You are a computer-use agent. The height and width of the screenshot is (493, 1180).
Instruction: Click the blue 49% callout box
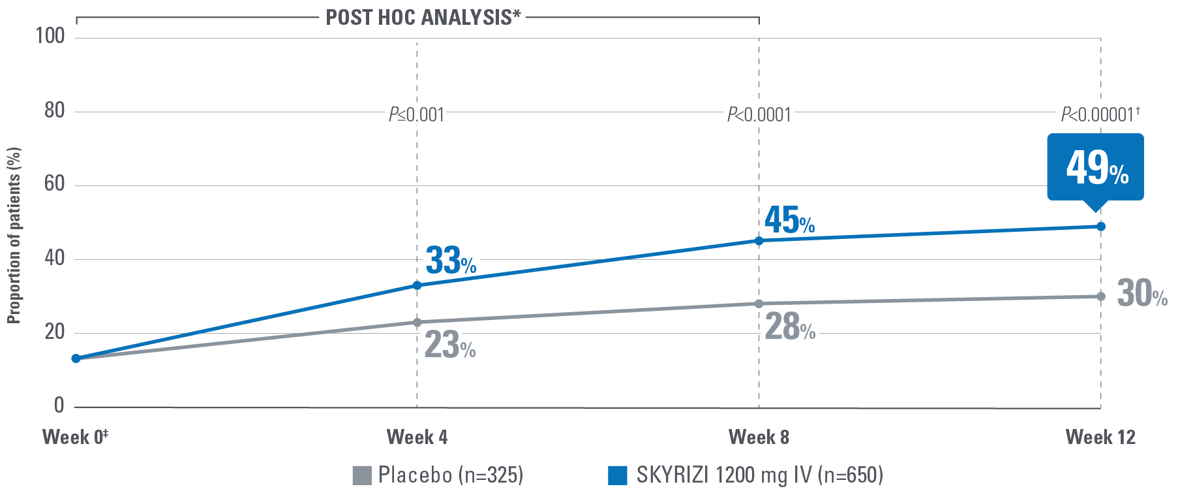1095,167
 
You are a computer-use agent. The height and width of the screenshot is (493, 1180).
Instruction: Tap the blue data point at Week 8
759,241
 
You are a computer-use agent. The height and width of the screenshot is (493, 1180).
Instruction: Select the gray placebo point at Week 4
417,323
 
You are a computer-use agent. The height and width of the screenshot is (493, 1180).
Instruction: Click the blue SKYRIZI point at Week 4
417,285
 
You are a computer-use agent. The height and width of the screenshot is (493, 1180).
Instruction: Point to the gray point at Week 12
1101,296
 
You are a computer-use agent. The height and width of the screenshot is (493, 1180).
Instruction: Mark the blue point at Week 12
1101,227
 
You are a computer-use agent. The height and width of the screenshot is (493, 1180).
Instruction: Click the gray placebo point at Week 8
759,304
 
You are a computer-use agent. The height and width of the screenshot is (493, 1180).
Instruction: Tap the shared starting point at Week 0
76,358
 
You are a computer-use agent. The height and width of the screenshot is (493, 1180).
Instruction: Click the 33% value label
451,261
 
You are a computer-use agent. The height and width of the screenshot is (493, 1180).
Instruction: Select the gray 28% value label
790,327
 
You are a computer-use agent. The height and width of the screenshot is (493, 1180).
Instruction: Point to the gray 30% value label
1142,293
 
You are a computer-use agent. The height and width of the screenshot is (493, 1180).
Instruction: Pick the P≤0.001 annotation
416,116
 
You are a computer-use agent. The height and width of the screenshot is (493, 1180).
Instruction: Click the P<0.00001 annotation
1100,115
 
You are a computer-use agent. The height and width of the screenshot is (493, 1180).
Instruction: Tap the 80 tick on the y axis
55,111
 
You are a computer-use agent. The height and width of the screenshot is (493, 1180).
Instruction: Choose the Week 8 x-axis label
759,437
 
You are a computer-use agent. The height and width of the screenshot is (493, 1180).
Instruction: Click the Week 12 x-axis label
1100,437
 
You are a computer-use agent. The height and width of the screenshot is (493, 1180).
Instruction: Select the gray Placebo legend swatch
362,475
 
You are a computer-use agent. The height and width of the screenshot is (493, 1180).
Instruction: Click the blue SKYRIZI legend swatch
617,475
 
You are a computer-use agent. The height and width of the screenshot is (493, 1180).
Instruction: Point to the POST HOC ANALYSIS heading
423,18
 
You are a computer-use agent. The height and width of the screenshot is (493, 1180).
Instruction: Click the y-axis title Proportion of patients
14,235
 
